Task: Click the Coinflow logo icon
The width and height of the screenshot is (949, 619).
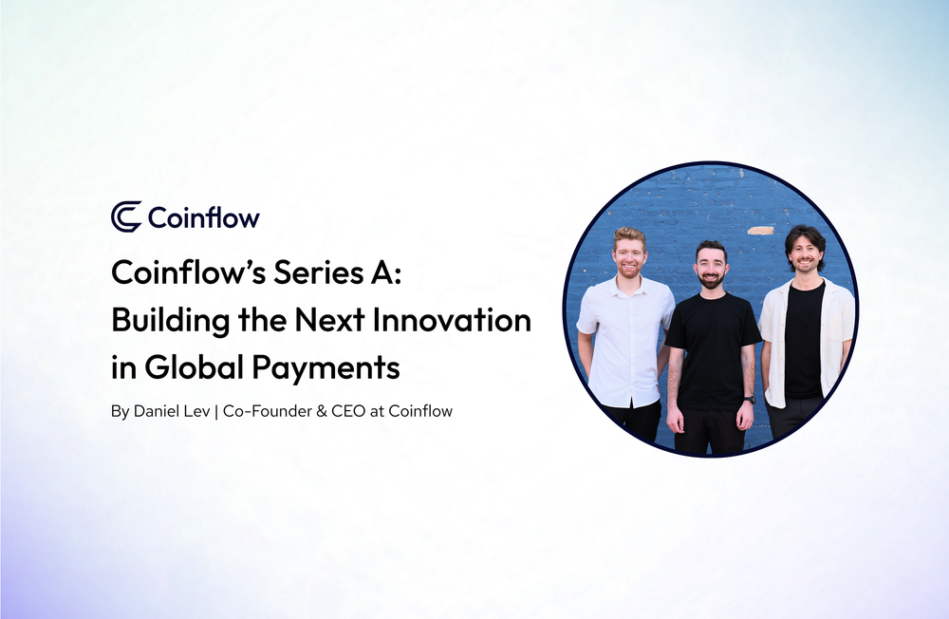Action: (x=126, y=216)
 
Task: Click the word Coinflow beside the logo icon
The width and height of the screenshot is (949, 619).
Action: (x=203, y=217)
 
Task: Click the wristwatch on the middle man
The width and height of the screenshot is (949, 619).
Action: (x=750, y=400)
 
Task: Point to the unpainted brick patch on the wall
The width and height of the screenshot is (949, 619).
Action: (x=760, y=230)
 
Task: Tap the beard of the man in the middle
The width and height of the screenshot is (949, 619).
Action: (x=711, y=281)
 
